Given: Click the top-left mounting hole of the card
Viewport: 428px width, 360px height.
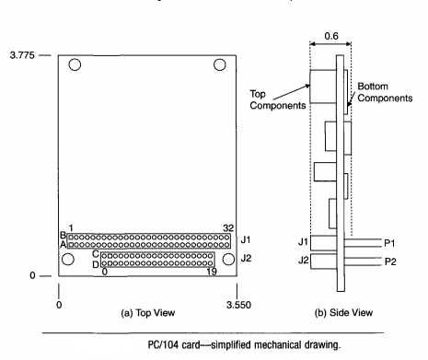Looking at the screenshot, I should pos(75,66).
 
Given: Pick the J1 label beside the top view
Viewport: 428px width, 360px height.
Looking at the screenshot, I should pos(246,241).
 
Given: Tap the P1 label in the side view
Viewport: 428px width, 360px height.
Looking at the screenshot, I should pos(390,242).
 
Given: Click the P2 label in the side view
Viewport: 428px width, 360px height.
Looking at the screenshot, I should pos(390,261).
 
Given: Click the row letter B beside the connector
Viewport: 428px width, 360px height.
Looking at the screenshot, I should pos(63,235).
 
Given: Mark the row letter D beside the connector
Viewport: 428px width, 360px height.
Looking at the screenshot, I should pos(96,264).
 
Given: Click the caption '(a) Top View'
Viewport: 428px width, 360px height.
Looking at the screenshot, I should pos(151,314).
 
